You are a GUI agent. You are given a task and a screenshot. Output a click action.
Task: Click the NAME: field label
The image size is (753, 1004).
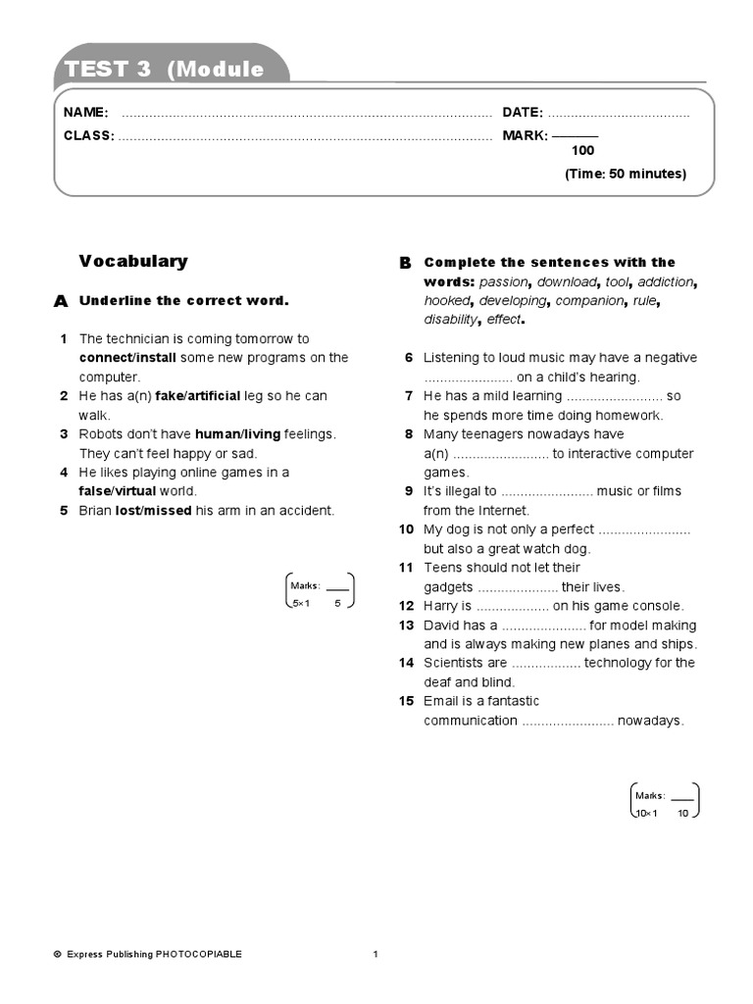tap(86, 113)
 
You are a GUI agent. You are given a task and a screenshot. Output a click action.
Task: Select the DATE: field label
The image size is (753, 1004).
tap(523, 113)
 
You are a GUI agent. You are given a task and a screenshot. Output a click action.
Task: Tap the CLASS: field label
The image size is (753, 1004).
tap(89, 135)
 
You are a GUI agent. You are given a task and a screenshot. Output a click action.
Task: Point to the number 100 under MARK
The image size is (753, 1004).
tap(582, 151)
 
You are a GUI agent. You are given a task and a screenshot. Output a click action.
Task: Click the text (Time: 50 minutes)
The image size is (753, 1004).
tap(625, 174)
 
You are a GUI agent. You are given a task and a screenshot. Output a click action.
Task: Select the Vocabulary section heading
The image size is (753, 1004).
tap(133, 261)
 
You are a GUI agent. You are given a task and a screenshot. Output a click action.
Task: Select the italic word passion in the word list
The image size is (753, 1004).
tap(503, 281)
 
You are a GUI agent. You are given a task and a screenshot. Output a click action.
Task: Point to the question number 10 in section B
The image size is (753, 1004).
tap(406, 529)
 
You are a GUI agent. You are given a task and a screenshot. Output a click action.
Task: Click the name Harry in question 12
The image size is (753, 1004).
tap(440, 606)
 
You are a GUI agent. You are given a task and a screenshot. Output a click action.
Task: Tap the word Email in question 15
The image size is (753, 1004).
tap(441, 701)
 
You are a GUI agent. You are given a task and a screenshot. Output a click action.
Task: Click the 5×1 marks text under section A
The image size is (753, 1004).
tap(300, 604)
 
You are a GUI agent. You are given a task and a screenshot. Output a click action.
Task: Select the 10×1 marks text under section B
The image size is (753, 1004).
tap(647, 814)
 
